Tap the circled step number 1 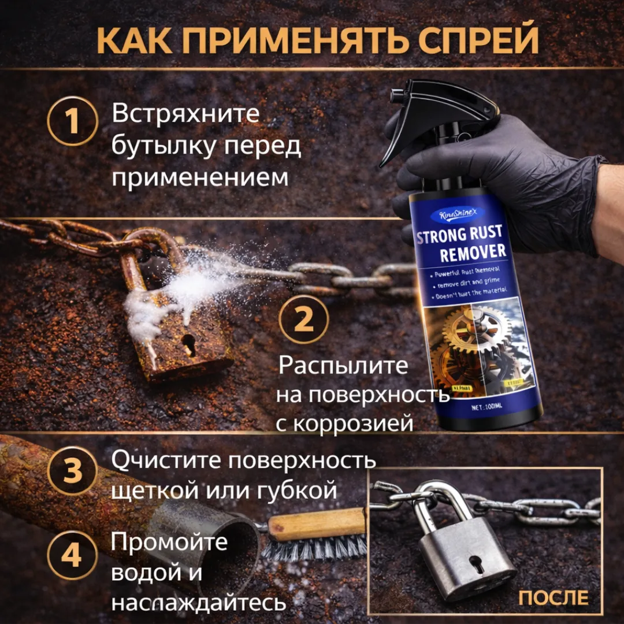[x=72, y=121]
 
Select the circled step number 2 [x=304, y=320]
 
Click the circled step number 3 [x=72, y=471]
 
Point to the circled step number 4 [x=72, y=558]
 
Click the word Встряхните [x=185, y=113]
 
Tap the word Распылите [x=343, y=366]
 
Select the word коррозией [x=354, y=424]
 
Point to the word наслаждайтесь [x=199, y=603]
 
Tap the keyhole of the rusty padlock [x=189, y=344]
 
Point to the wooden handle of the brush [x=318, y=523]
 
